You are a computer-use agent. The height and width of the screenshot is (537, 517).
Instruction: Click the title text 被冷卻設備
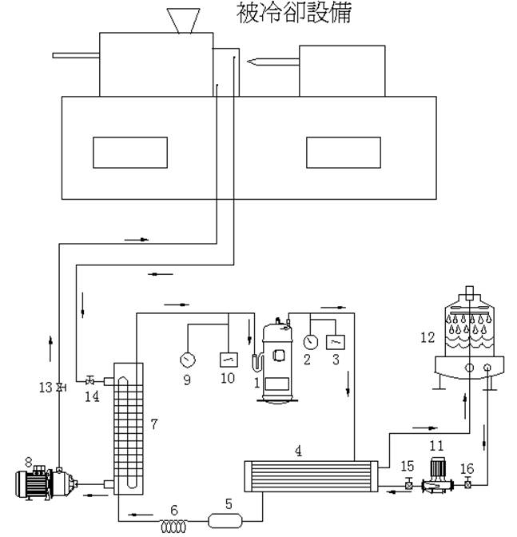click(x=294, y=13)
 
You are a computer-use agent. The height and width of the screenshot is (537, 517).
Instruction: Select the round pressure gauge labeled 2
click(x=311, y=341)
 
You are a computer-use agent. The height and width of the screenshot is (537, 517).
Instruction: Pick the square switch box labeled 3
click(x=337, y=341)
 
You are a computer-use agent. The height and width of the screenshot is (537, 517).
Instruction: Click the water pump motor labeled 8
click(x=44, y=483)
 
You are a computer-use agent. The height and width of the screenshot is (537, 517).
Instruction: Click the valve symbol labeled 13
click(x=60, y=388)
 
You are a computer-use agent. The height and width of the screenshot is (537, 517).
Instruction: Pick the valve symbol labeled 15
click(x=408, y=483)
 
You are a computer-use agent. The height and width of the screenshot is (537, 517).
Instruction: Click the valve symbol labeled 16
click(x=467, y=483)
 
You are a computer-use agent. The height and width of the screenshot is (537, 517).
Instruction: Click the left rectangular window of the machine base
click(x=130, y=153)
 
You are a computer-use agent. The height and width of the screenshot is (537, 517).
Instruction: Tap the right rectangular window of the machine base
click(x=343, y=153)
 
